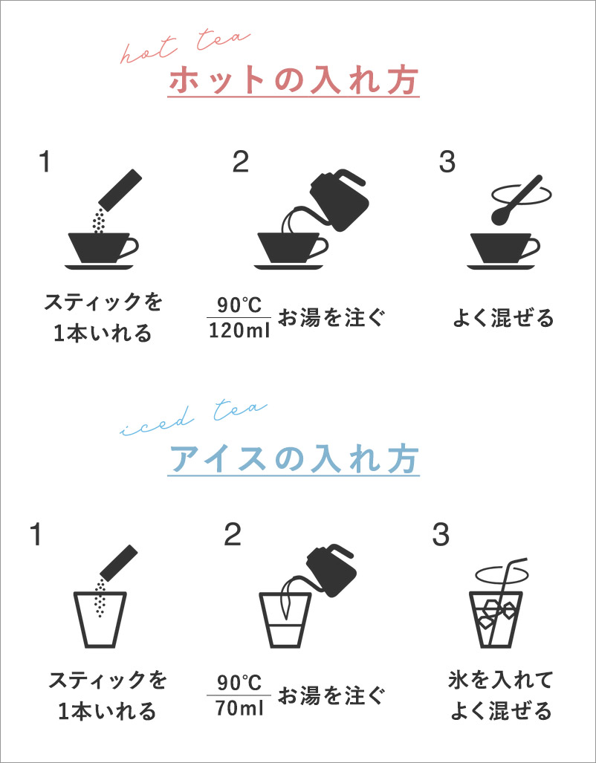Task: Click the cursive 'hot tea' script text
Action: [x=185, y=48]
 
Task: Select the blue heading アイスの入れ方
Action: [x=293, y=458]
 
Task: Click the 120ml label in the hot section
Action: [x=239, y=331]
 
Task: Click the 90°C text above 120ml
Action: [x=239, y=306]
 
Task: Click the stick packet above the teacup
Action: [x=120, y=187]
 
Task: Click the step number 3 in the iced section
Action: [x=440, y=535]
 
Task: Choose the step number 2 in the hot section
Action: [x=241, y=163]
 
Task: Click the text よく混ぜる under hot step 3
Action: [x=504, y=319]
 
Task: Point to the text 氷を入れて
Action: [x=499, y=681]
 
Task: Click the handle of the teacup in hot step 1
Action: [x=129, y=248]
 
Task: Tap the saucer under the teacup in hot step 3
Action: [x=501, y=267]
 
